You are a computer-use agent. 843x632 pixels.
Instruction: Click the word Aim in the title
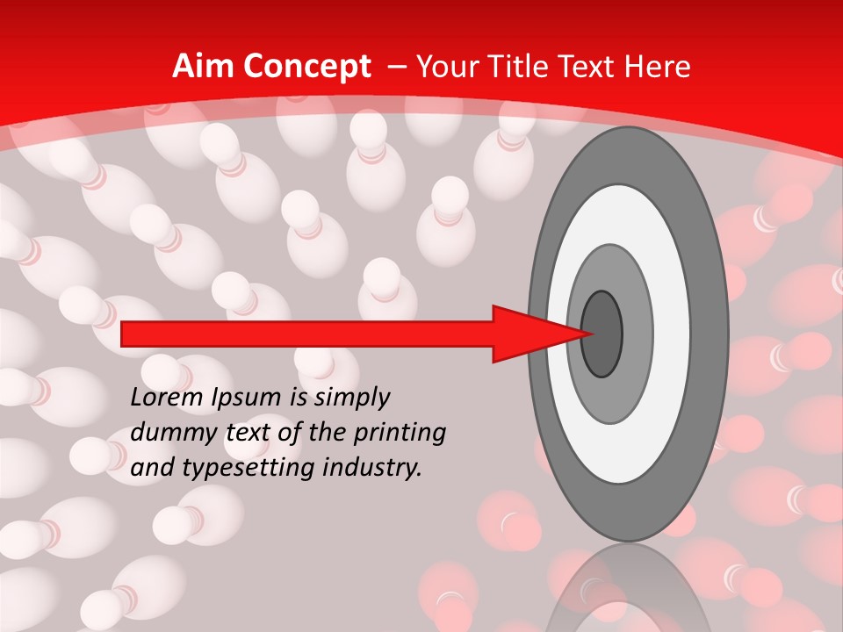click(203, 67)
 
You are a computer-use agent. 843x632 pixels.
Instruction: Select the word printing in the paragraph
click(402, 433)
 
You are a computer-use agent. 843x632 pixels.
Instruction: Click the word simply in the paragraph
click(350, 399)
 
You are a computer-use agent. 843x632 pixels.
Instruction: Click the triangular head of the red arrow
click(536, 334)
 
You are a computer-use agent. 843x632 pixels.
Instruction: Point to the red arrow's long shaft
click(307, 334)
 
